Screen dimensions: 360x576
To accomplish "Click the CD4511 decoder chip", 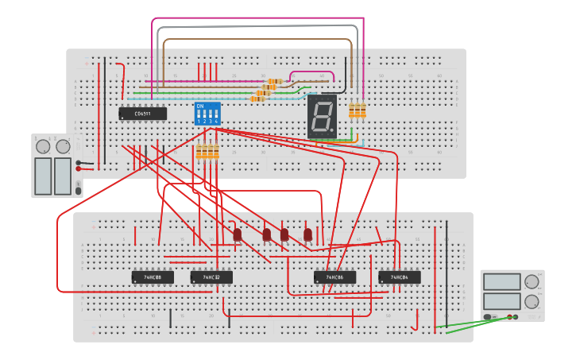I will point(142,114).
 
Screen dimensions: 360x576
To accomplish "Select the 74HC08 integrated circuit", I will point(152,277).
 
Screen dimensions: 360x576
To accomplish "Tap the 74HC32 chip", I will point(211,277).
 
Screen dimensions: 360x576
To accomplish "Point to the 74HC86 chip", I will point(334,277).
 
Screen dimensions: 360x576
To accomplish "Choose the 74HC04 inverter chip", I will point(400,277).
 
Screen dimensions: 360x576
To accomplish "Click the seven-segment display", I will point(323,118).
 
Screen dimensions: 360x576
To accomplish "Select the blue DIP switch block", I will point(207,114).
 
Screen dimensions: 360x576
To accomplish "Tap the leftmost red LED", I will point(237,234).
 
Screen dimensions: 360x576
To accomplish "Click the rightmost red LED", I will point(307,234).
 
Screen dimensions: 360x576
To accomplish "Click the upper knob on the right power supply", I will point(532,281).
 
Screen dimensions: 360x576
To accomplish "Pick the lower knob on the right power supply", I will point(532,301).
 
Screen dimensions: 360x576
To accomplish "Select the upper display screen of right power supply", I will point(502,281).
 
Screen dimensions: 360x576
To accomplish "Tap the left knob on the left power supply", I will point(43,146).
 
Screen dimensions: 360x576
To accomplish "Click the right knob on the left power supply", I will point(63,146).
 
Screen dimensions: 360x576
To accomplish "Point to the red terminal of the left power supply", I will point(78,168).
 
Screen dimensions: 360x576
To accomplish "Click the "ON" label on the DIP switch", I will point(199,106).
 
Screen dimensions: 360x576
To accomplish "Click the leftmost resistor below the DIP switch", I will point(199,152).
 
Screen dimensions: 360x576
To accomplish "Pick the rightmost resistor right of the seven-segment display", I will point(363,110).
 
